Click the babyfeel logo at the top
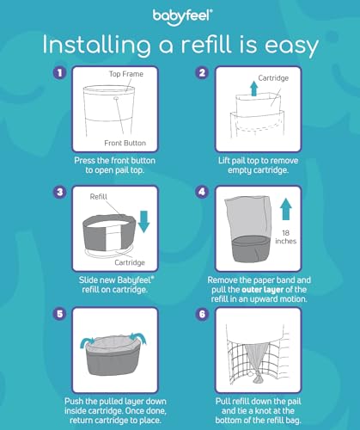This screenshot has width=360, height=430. (179, 14)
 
